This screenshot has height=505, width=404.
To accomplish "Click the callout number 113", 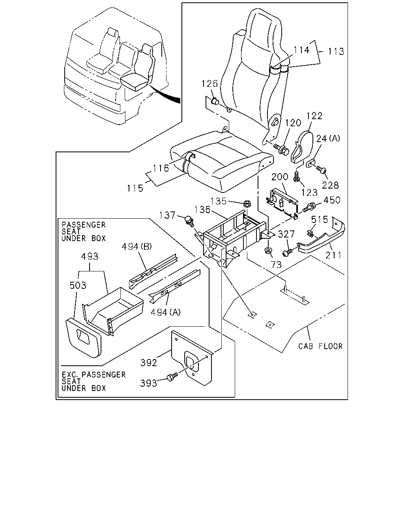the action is coord(336,51).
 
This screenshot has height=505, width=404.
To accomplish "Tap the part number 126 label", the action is coord(209,84).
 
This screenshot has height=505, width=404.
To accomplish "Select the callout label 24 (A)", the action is coord(328,138).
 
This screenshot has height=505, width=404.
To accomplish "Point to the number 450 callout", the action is coord(332,200).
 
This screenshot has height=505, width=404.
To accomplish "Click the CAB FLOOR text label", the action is coord(320,346).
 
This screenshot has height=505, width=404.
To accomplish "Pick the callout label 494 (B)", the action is coord(137,247).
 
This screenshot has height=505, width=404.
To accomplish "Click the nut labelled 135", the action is coord(247,204).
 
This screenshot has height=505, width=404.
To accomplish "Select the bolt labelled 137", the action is coord(189,221).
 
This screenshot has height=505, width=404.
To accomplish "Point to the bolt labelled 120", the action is coord(281,149).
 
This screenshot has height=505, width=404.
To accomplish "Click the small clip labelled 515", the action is coord(310,233).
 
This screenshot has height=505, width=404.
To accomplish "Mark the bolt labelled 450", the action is coord(309,207).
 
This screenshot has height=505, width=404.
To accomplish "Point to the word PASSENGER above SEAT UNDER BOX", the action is coord(84,225).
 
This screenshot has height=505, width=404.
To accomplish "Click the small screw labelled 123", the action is coord(296,177).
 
